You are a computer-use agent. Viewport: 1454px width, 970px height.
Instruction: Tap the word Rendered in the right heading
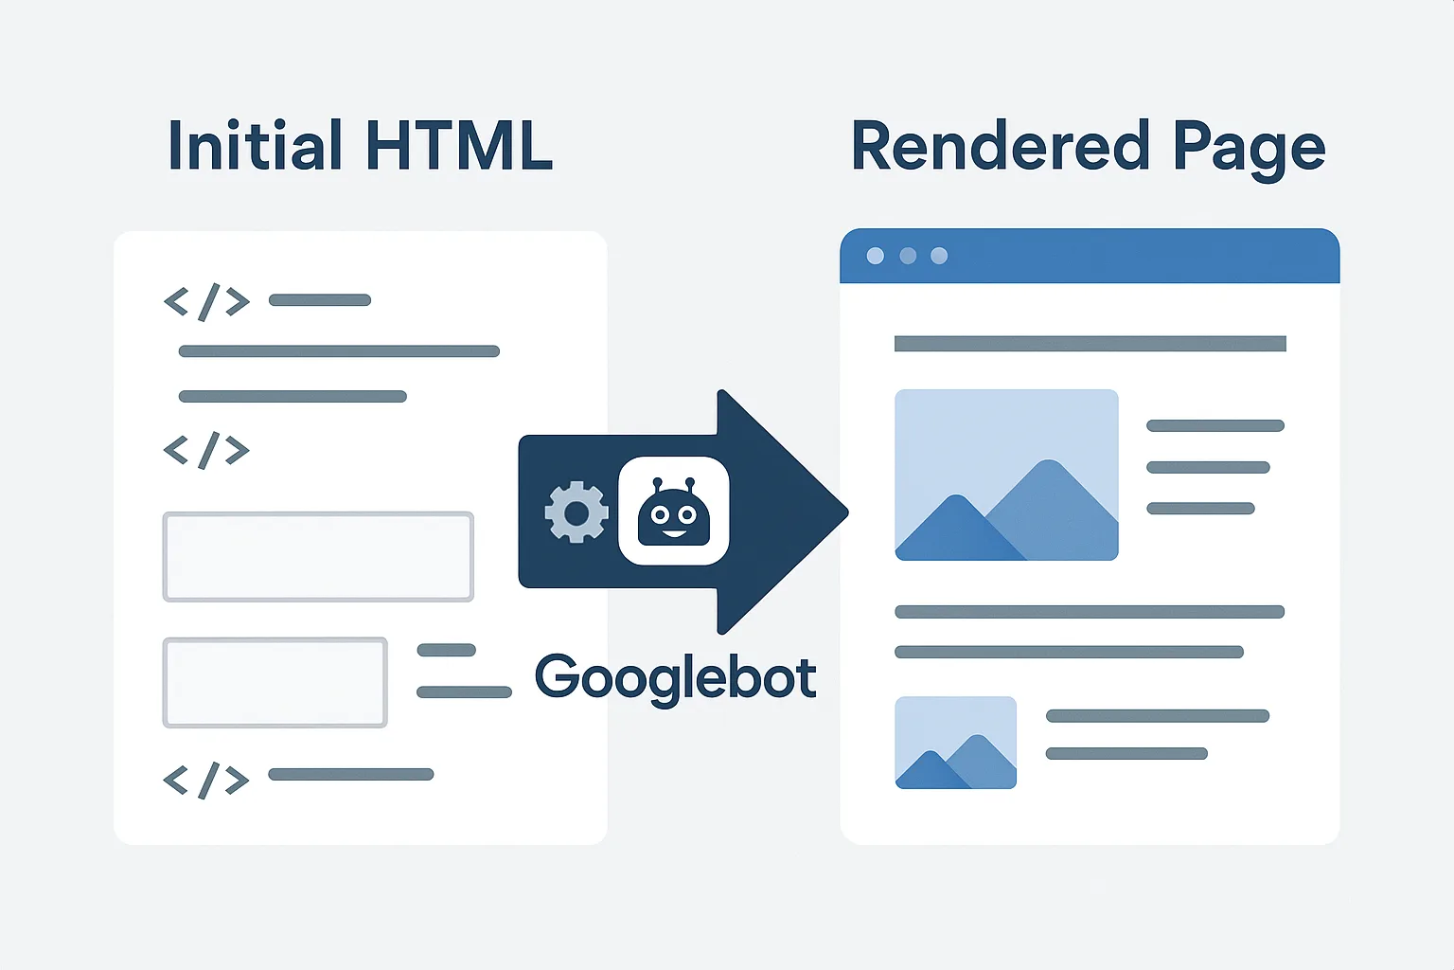pyautogui.click(x=1001, y=146)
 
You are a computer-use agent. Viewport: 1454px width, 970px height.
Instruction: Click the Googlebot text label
pyautogui.click(x=675, y=678)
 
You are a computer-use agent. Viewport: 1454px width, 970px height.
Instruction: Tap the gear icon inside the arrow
pyautogui.click(x=576, y=512)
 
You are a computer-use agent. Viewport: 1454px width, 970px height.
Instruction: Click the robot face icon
pyautogui.click(x=674, y=512)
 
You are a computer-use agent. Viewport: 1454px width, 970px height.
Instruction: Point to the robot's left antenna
pyautogui.click(x=658, y=486)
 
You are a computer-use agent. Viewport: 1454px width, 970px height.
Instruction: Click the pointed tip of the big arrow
pyautogui.click(x=847, y=512)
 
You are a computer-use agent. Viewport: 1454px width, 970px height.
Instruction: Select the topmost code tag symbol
pyautogui.click(x=206, y=302)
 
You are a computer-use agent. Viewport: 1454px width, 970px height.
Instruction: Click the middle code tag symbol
pyautogui.click(x=206, y=450)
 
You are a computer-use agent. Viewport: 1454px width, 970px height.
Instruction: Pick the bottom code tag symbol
pyautogui.click(x=206, y=781)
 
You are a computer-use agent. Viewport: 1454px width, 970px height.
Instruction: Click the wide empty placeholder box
pyautogui.click(x=318, y=557)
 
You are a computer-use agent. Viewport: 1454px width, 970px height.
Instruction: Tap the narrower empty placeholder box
pyautogui.click(x=275, y=682)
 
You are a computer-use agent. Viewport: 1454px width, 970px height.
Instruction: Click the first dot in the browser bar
pyautogui.click(x=875, y=256)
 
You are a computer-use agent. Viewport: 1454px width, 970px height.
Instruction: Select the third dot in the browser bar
pyautogui.click(x=939, y=256)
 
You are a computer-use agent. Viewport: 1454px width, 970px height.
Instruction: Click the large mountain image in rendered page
pyautogui.click(x=1006, y=475)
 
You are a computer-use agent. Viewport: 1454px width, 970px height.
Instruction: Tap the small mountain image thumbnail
pyautogui.click(x=955, y=743)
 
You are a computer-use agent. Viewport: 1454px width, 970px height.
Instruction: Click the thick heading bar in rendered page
pyautogui.click(x=1090, y=344)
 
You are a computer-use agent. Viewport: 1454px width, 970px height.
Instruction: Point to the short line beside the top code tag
pyautogui.click(x=320, y=300)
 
